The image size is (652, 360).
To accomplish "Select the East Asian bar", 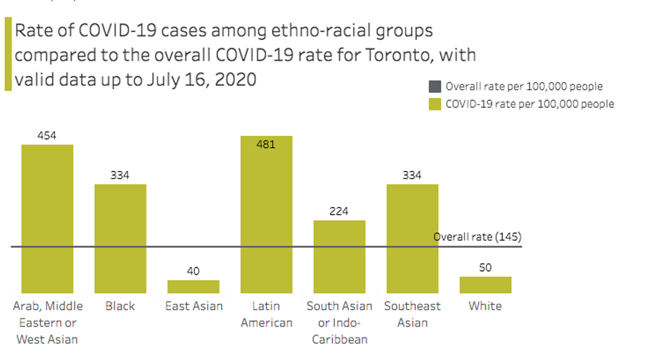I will [193, 287].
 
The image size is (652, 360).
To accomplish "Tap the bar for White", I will [485, 285].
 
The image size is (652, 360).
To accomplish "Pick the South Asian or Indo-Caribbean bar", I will [339, 256].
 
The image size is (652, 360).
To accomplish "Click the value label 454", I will [47, 136].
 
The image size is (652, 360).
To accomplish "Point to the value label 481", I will [266, 144].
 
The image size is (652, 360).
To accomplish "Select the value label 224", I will [339, 212].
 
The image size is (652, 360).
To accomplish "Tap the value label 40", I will [193, 271].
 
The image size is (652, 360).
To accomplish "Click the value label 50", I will [485, 268].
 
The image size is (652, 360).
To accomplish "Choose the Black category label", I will [120, 306].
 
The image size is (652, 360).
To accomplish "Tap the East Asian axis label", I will [194, 306].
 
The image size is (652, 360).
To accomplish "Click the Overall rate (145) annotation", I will [477, 237].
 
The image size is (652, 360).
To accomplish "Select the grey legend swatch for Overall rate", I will [434, 86].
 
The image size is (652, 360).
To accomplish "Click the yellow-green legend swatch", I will [434, 104].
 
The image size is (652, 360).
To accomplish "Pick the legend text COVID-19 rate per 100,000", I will [530, 104].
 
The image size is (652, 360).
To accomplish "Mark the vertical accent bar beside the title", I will [8, 54].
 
